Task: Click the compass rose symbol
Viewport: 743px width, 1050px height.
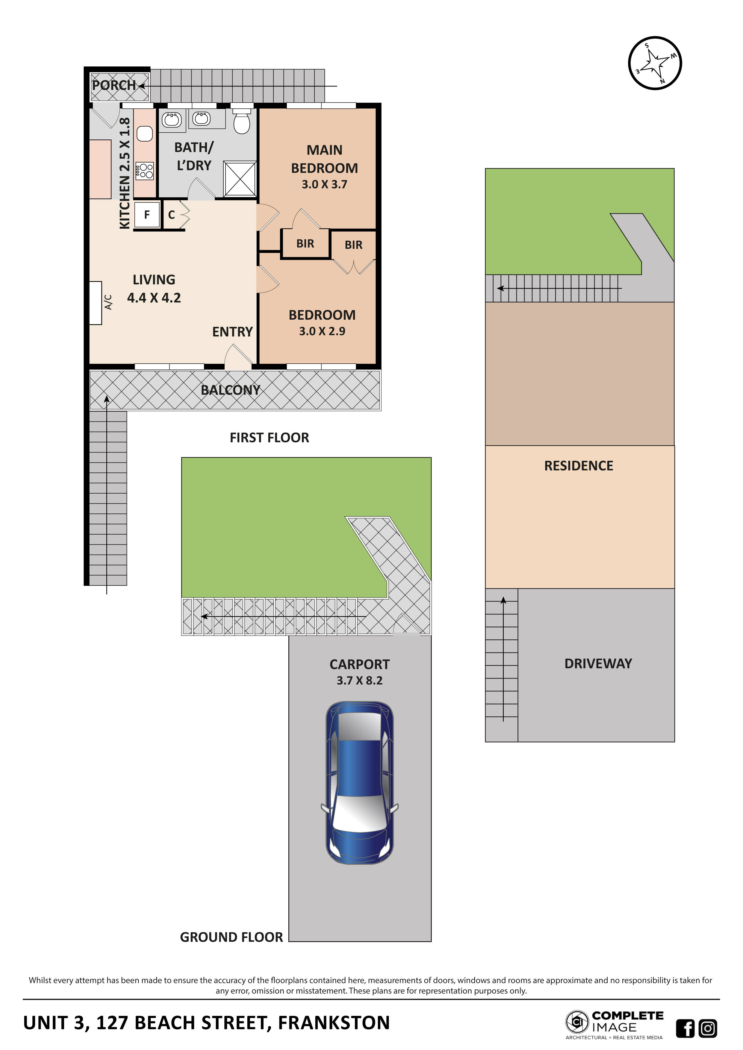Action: coord(655,63)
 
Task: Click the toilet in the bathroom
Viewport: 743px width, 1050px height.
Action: coord(242,122)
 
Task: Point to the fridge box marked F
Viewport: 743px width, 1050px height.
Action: coord(147,215)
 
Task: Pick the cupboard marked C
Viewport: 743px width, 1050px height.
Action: coord(172,215)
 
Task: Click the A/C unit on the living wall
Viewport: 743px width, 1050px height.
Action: coord(96,303)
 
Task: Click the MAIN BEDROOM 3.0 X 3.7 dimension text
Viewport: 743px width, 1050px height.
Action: coord(324,184)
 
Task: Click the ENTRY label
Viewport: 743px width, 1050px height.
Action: coord(232,332)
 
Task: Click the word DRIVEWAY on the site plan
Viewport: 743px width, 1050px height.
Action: coord(598,664)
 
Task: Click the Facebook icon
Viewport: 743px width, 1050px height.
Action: coord(685,1028)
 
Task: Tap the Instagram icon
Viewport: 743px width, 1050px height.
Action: coord(708,1028)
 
